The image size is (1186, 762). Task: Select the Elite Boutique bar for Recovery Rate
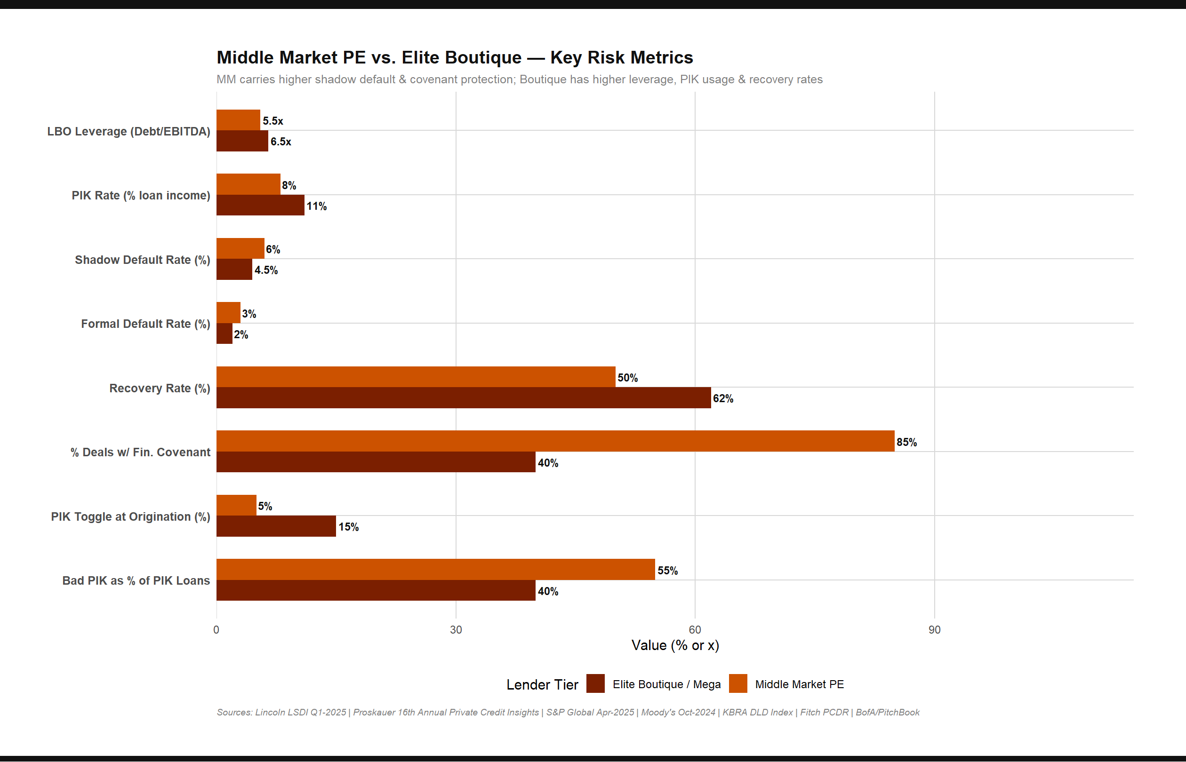pos(463,398)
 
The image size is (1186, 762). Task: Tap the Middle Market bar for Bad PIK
pos(436,569)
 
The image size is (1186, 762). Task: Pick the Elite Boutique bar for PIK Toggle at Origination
pos(276,526)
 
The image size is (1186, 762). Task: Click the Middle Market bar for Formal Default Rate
pos(228,313)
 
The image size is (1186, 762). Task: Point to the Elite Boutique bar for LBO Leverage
pos(242,141)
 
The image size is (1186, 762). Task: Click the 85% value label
pos(906,442)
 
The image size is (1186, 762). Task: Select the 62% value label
pos(723,399)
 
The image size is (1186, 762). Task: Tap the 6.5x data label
pos(280,142)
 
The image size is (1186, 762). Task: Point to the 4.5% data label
pos(266,270)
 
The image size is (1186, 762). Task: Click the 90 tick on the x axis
pos(934,630)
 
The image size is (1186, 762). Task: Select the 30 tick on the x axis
pos(456,630)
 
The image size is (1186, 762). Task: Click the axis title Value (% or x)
pos(675,646)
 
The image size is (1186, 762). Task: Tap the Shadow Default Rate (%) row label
pos(143,260)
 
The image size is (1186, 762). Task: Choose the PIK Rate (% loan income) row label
pos(141,196)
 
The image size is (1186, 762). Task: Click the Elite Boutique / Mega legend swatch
pos(595,684)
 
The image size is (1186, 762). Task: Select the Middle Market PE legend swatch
pos(738,684)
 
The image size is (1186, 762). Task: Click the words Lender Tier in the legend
pos(542,685)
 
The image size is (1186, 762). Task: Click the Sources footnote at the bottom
pos(568,713)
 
